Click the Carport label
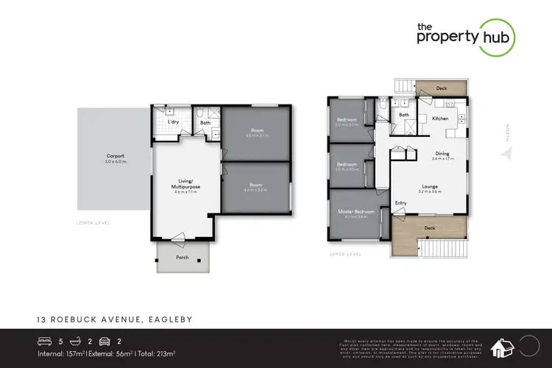pyautogui.click(x=115, y=156)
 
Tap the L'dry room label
pyautogui.click(x=174, y=122)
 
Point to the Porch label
pyautogui.click(x=182, y=258)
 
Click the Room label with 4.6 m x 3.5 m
pyautogui.click(x=256, y=185)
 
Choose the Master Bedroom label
pyautogui.click(x=356, y=212)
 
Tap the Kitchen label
pyautogui.click(x=440, y=118)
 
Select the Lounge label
pyautogui.click(x=430, y=186)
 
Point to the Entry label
pyautogui.click(x=401, y=203)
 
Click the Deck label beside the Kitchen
pyautogui.click(x=442, y=88)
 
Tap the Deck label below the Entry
pyautogui.click(x=430, y=228)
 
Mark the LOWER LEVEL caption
pyautogui.click(x=93, y=222)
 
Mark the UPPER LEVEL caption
pyautogui.click(x=346, y=255)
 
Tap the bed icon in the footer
pyautogui.click(x=46, y=342)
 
